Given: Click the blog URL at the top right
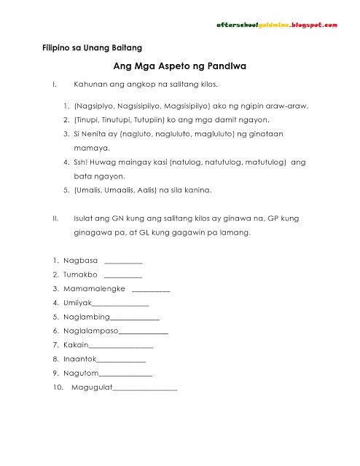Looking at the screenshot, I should [x=277, y=25].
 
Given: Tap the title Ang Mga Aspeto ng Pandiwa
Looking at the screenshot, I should [x=180, y=66].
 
